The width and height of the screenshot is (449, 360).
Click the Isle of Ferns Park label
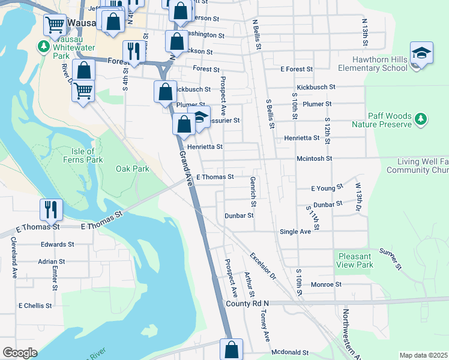83,155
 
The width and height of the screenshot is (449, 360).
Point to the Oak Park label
132,169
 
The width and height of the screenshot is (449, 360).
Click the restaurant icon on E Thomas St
50,209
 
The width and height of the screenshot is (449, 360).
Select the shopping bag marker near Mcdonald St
231,349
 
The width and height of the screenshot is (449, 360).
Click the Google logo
20,353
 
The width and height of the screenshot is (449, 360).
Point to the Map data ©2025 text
423,355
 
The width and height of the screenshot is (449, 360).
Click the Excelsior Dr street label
262,266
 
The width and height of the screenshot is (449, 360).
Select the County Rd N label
247,304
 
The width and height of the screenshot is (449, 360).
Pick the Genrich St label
253,189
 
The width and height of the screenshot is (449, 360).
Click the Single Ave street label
295,231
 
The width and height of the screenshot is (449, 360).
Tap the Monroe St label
326,284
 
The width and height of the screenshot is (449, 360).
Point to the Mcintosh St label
315,158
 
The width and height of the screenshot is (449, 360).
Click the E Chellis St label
35,305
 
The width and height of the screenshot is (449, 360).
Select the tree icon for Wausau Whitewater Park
43,46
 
